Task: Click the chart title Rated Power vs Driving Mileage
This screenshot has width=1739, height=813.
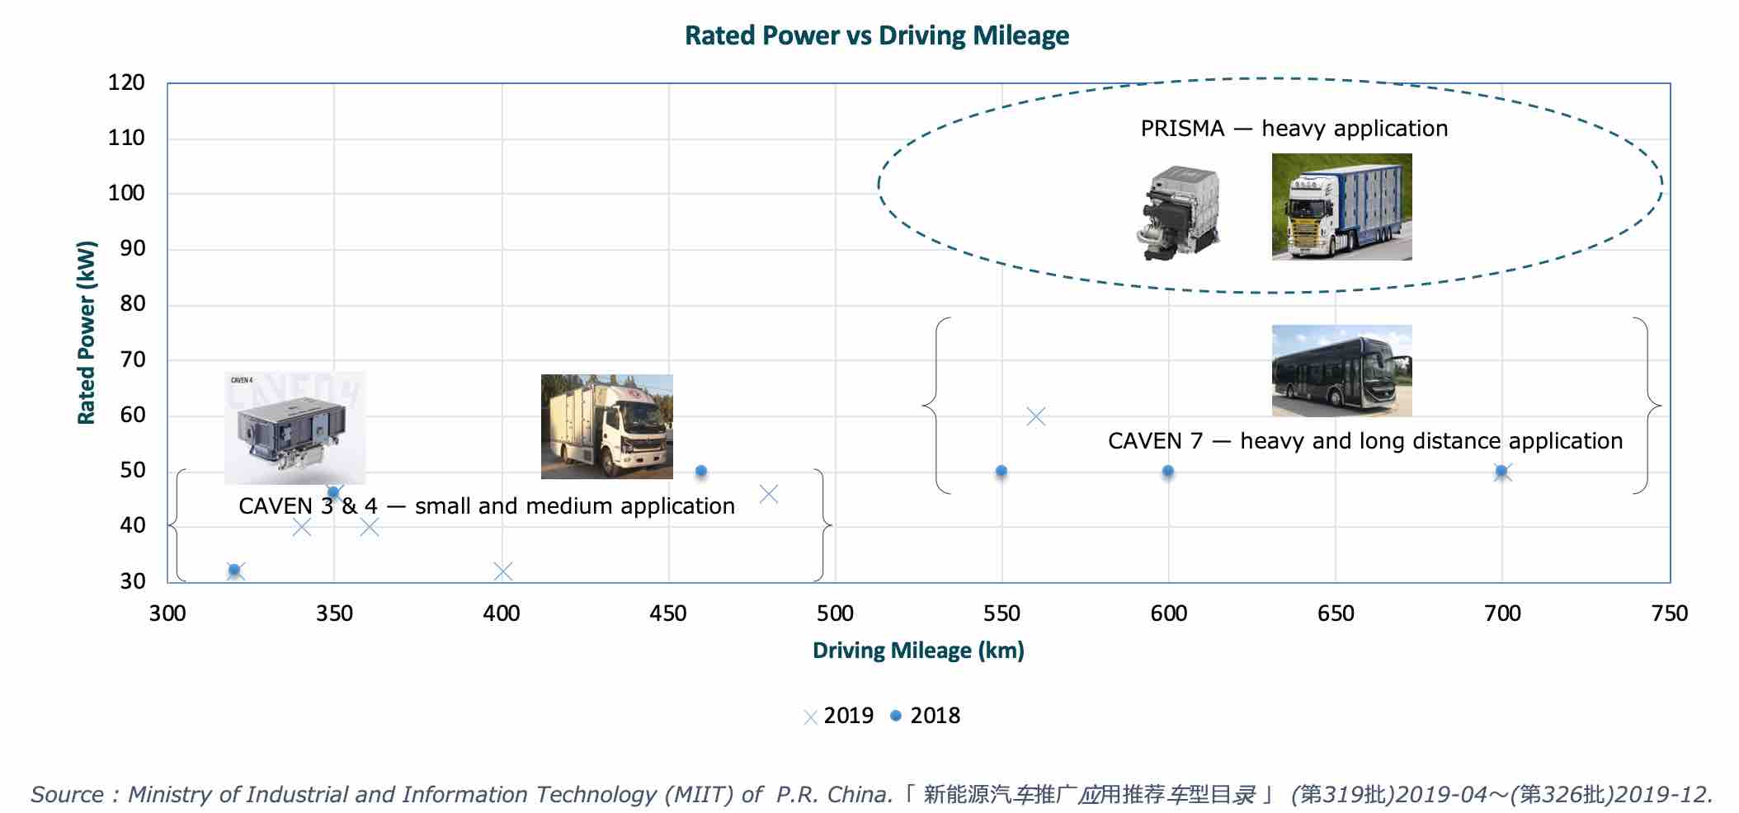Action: pyautogui.click(x=876, y=35)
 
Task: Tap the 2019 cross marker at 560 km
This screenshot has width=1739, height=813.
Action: pyautogui.click(x=1036, y=416)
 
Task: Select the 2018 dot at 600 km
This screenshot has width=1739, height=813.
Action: pyautogui.click(x=1168, y=472)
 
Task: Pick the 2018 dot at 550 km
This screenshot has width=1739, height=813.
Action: pyautogui.click(x=1001, y=472)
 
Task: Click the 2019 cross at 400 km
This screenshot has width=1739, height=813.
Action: pyautogui.click(x=502, y=571)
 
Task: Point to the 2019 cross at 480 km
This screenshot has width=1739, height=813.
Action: pyautogui.click(x=768, y=494)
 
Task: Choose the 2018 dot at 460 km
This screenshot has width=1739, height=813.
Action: pyautogui.click(x=701, y=472)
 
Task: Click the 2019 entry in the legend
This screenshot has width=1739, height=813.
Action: pyautogui.click(x=839, y=716)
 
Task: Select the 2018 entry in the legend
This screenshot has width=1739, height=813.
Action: pyautogui.click(x=926, y=716)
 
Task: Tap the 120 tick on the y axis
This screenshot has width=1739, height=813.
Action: pyautogui.click(x=126, y=82)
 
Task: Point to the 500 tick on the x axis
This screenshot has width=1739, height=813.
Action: pyautogui.click(x=835, y=613)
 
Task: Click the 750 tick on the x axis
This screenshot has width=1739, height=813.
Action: pyautogui.click(x=1670, y=613)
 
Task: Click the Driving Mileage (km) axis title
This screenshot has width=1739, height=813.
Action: pyautogui.click(x=918, y=651)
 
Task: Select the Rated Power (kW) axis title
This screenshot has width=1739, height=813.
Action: pyautogui.click(x=87, y=332)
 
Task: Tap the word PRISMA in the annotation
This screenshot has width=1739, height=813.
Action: pyautogui.click(x=1182, y=129)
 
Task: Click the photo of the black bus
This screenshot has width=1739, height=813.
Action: pyautogui.click(x=1341, y=370)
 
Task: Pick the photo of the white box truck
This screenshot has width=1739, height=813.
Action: pyautogui.click(x=606, y=426)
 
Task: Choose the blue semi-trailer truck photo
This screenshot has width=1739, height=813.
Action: pyautogui.click(x=1341, y=207)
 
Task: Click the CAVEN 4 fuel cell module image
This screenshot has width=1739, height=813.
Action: pyautogui.click(x=295, y=427)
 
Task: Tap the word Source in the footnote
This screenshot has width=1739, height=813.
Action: pyautogui.click(x=67, y=795)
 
